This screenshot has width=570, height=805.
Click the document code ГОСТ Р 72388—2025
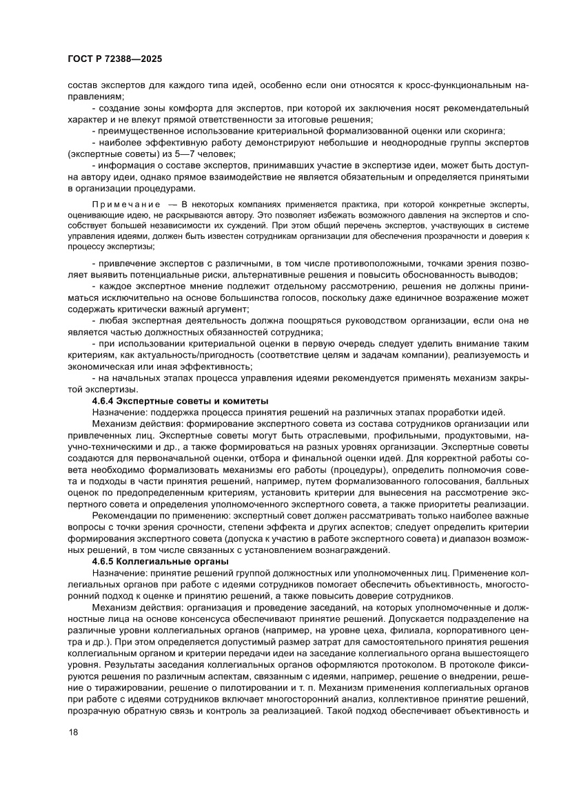pos(114,60)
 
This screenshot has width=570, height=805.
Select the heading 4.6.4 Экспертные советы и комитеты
pos(180,401)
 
